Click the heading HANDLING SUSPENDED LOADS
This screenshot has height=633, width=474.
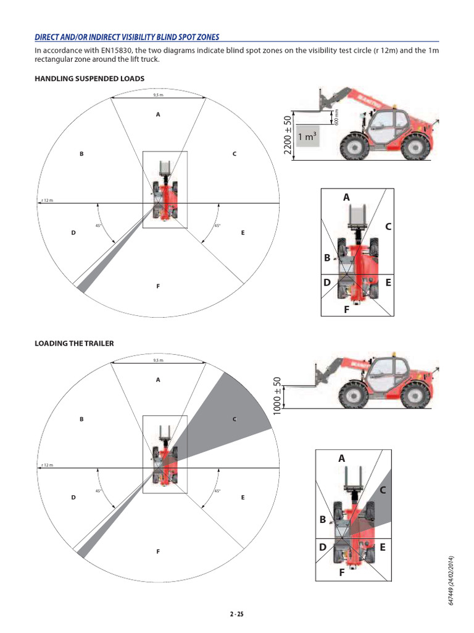89,79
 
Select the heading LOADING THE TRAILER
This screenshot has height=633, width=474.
74,343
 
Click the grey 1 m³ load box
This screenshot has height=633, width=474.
307,137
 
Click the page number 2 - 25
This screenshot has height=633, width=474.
236,614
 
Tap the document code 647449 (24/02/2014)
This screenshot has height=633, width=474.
452,580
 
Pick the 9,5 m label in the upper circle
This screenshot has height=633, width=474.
158,95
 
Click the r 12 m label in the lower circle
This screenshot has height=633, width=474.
47,464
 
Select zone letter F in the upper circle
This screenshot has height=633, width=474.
158,286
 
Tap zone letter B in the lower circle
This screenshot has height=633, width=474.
81,419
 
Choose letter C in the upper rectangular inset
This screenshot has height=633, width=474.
388,227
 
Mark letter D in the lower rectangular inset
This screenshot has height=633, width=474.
322,547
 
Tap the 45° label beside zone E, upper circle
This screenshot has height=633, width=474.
217,226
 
